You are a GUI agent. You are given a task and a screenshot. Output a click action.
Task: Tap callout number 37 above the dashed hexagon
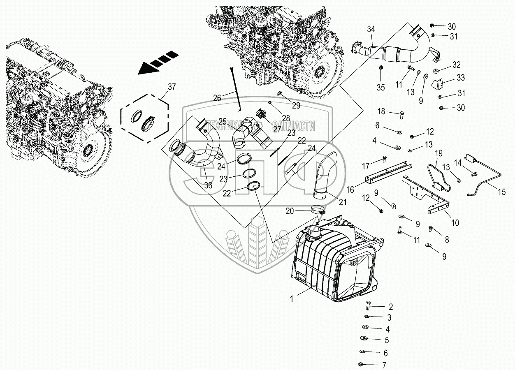click(x=171, y=86)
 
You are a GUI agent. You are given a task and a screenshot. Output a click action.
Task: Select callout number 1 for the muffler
click(x=292, y=299)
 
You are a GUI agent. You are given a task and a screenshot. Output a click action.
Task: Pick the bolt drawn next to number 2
click(x=367, y=306)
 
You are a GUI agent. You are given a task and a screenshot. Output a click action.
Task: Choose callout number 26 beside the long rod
click(x=217, y=98)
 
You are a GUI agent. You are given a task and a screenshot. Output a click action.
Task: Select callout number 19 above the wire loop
click(x=438, y=153)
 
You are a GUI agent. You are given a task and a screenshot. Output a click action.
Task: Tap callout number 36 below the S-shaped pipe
click(x=208, y=185)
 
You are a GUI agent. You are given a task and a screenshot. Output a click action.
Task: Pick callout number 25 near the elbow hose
click(x=222, y=122)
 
